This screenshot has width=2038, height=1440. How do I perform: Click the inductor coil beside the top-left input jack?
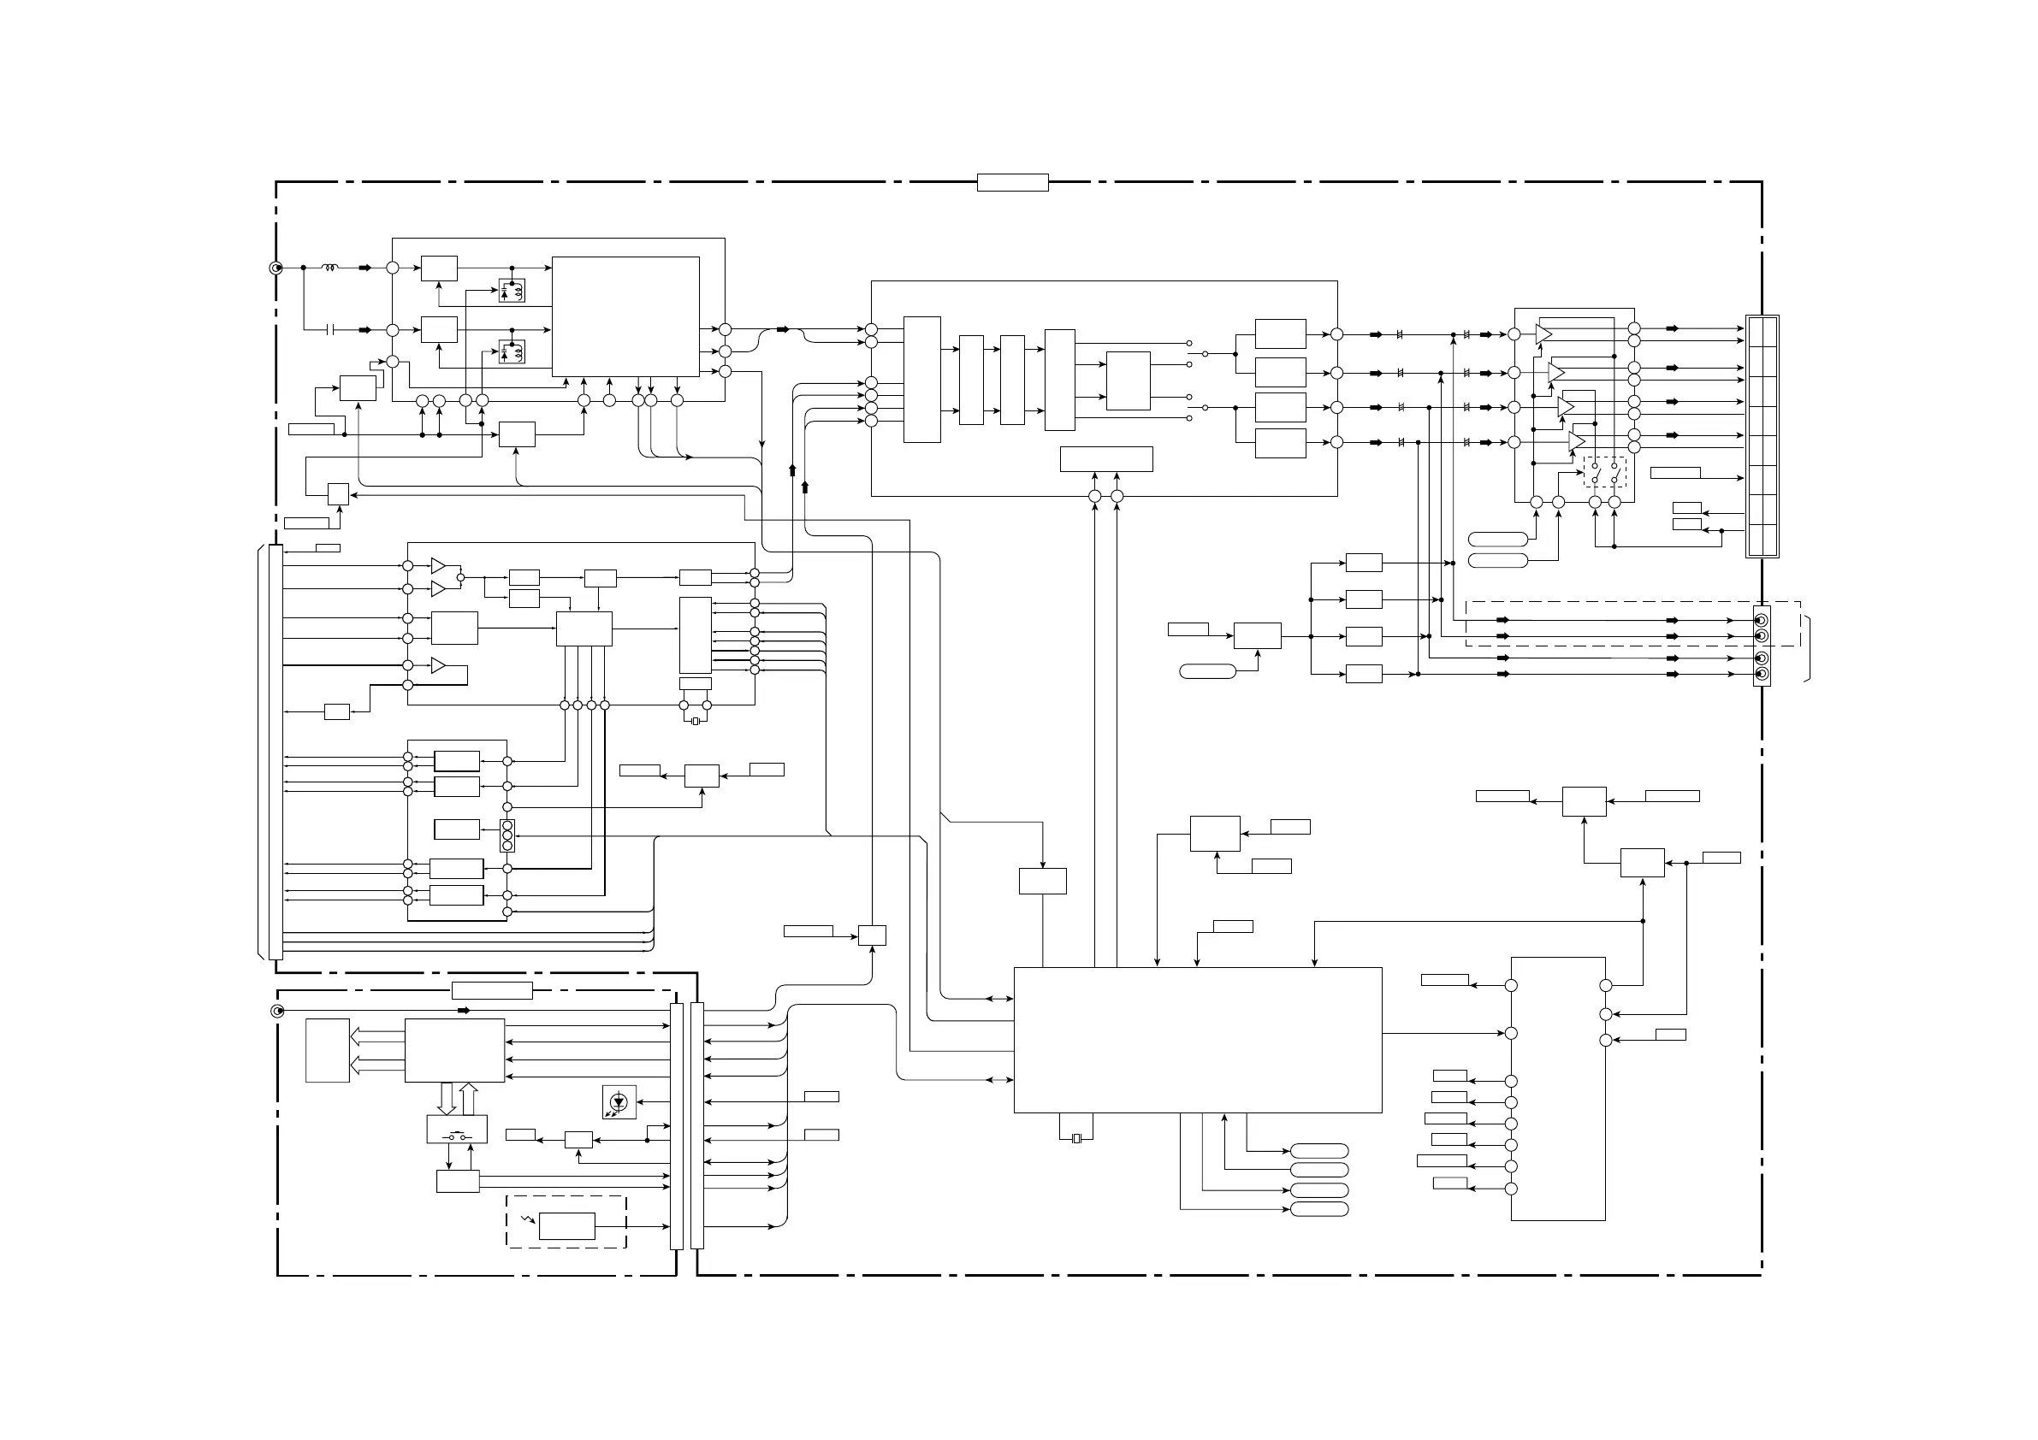(330, 267)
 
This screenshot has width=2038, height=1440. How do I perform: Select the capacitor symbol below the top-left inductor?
(330, 330)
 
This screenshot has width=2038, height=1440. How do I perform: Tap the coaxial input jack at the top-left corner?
(276, 268)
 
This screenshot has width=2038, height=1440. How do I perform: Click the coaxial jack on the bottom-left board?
(277, 1012)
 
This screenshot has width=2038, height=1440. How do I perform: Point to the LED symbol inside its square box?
(619, 1102)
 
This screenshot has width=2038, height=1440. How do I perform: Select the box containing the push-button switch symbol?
(456, 1130)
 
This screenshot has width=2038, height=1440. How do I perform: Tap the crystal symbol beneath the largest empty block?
(1076, 1138)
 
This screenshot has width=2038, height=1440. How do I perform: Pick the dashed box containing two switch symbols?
(1605, 472)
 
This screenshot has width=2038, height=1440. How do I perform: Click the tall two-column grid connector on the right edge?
(1762, 435)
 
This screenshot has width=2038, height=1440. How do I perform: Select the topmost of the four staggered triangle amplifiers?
(1543, 334)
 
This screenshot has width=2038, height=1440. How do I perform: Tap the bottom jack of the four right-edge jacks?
(1762, 675)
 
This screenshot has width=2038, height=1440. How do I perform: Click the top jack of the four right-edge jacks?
(1762, 620)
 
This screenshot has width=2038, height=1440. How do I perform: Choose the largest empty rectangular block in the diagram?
(1198, 1040)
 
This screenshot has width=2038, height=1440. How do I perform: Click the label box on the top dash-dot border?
(1013, 183)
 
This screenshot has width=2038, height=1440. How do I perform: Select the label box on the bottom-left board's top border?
(492, 991)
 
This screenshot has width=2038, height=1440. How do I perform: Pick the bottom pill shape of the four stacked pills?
(1319, 1209)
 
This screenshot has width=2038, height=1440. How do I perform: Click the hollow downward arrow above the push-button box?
(447, 1099)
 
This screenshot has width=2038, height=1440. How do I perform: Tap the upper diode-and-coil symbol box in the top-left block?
(512, 290)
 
